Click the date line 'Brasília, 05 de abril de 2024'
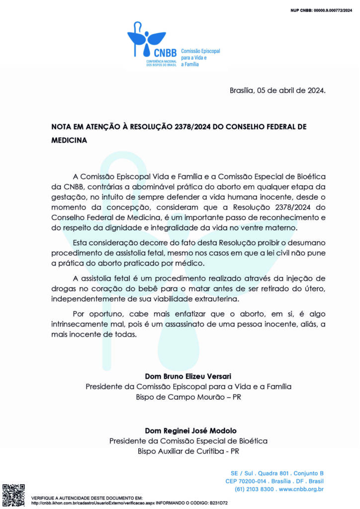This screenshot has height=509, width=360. pyautogui.click(x=277, y=90)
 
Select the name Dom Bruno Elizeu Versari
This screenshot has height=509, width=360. pyautogui.click(x=188, y=376)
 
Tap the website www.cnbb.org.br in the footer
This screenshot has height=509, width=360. pyautogui.click(x=301, y=490)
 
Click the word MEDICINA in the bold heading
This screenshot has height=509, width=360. pyautogui.click(x=70, y=141)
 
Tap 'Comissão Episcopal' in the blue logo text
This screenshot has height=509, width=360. pyautogui.click(x=200, y=51)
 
